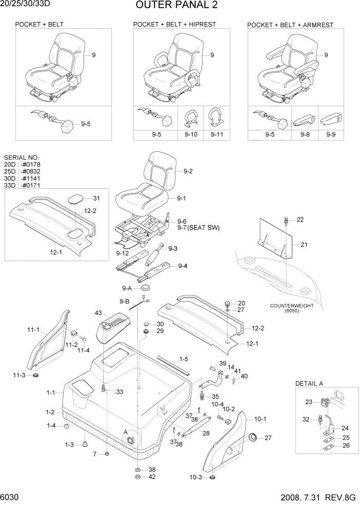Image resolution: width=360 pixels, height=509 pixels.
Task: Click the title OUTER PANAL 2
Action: [x=176, y=6]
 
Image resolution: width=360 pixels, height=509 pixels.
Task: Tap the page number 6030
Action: [x=10, y=498]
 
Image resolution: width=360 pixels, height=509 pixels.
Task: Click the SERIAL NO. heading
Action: [x=21, y=158]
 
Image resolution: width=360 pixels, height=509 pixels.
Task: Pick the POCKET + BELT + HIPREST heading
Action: [x=174, y=24]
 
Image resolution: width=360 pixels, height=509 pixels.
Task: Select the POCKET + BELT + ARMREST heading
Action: [x=290, y=25]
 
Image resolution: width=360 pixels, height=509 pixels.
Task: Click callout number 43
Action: [x=98, y=312]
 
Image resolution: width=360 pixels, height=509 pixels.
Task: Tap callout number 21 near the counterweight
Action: [x=304, y=245]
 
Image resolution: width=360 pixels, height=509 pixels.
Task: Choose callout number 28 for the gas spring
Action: [x=206, y=434]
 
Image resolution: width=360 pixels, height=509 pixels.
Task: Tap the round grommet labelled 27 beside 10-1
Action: [x=253, y=437]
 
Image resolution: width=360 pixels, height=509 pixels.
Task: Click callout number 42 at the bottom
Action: [x=152, y=477]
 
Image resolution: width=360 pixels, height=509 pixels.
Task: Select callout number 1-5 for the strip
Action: [x=184, y=359]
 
